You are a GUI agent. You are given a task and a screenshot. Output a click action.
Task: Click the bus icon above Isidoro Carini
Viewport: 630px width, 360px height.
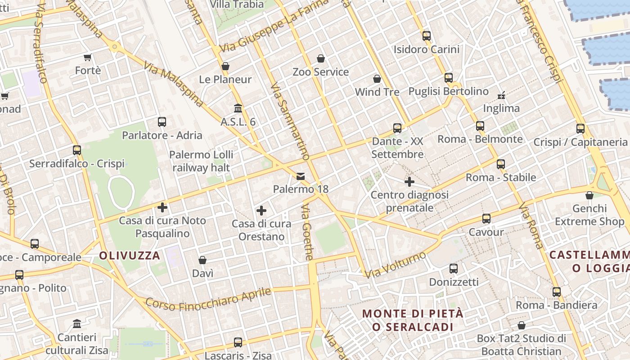click(x=426, y=36)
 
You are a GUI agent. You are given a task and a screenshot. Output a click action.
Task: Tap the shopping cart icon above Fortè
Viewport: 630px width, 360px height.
click(x=88, y=57)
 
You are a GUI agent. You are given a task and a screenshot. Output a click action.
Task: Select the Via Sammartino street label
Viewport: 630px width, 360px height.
click(x=290, y=122)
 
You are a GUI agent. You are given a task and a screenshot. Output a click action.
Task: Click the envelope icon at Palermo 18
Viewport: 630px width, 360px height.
click(x=301, y=176)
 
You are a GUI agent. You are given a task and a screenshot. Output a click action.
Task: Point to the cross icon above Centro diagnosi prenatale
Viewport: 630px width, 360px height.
click(x=409, y=182)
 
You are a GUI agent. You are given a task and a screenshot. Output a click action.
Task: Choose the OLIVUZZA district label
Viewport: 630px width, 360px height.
click(x=130, y=256)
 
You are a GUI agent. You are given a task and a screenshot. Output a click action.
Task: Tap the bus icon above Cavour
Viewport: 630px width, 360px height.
click(x=486, y=219)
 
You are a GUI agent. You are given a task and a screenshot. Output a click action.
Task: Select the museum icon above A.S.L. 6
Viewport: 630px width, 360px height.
click(x=238, y=108)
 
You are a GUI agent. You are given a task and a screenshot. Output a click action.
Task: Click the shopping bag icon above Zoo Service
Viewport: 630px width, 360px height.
click(x=321, y=58)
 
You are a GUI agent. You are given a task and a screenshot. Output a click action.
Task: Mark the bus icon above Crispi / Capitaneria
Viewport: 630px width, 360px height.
click(x=580, y=129)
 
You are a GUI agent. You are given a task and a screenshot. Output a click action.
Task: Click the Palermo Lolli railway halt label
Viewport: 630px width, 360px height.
click(x=201, y=161)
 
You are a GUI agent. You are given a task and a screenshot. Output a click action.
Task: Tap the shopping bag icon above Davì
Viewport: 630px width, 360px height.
click(x=202, y=260)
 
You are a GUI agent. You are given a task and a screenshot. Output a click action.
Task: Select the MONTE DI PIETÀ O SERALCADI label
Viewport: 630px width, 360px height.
click(x=413, y=320)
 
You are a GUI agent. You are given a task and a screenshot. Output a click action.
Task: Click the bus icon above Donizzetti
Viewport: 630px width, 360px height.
click(x=454, y=269)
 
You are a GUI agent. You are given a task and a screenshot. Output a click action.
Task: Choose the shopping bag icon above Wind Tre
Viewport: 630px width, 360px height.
click(x=377, y=79)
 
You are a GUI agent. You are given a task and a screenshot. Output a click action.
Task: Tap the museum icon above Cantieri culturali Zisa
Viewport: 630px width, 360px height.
click(x=77, y=324)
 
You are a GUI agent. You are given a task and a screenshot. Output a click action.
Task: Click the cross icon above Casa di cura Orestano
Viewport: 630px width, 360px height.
click(x=261, y=211)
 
